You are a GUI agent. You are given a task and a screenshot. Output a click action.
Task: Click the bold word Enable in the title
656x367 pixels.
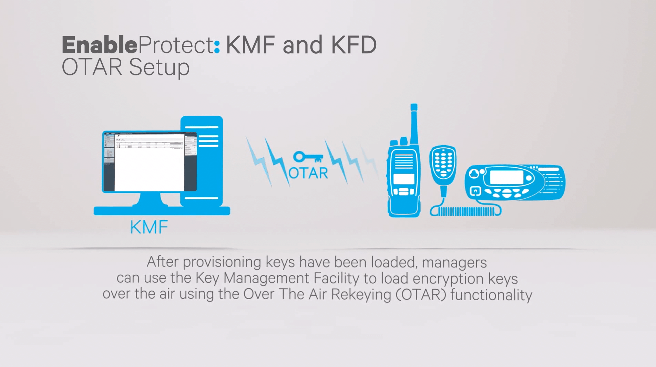[99, 45]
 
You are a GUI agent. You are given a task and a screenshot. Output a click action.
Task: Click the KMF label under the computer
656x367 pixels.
[149, 228]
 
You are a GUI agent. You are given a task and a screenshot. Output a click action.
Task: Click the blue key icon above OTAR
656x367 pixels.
[308, 157]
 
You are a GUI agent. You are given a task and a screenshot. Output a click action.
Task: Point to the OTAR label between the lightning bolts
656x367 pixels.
[308, 173]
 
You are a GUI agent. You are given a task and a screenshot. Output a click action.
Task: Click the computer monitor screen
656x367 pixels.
[150, 162]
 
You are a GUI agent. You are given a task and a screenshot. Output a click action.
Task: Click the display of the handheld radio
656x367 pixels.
[404, 179]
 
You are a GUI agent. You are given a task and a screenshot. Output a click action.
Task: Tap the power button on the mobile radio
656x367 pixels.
[475, 191]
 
